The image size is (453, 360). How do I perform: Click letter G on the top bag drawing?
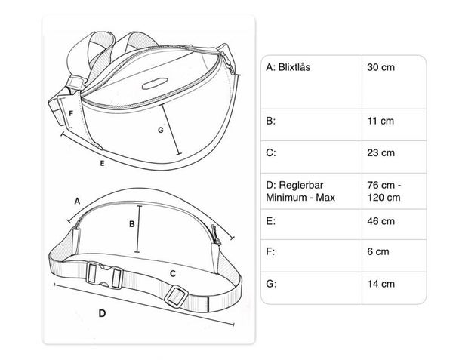coord(160,130)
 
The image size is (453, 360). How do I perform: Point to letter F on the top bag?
coord(71,114)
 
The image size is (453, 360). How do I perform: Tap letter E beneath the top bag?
coord(100,162)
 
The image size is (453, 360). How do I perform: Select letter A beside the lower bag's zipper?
coord(76,201)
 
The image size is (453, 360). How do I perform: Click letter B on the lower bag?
coord(131,223)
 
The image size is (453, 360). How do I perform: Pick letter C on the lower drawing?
coord(173,272)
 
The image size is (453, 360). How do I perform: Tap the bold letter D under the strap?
coord(103,312)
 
